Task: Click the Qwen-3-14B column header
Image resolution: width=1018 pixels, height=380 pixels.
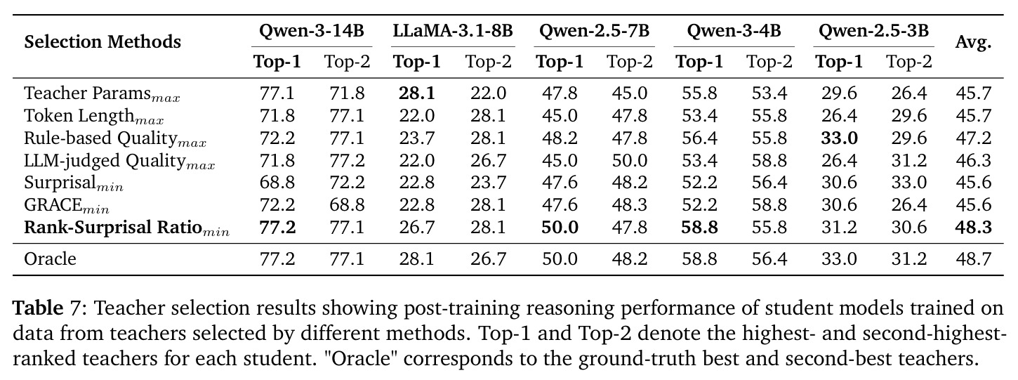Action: (x=312, y=31)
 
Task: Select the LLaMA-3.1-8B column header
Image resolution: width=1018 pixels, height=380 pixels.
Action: (x=453, y=31)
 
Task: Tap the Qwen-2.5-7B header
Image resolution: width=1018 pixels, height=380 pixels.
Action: (x=594, y=31)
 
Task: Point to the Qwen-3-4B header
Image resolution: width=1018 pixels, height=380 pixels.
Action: (x=734, y=31)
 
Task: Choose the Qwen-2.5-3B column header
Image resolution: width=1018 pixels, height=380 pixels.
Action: (x=873, y=31)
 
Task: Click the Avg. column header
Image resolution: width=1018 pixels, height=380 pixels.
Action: (x=974, y=42)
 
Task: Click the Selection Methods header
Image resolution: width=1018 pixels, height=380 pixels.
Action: (x=103, y=42)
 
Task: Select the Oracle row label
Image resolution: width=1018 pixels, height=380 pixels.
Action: (x=50, y=259)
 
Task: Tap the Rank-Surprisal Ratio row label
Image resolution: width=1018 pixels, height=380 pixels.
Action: (x=127, y=228)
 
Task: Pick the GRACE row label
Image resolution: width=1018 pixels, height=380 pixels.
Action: (x=67, y=206)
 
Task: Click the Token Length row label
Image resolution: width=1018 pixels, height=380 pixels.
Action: (x=94, y=117)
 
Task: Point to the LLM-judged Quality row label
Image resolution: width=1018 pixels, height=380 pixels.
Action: (x=119, y=161)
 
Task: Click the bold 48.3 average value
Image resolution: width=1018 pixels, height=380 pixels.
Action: (x=974, y=228)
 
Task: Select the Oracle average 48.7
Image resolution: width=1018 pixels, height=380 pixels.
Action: (x=974, y=259)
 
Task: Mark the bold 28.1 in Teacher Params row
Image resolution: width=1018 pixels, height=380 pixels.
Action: (x=417, y=93)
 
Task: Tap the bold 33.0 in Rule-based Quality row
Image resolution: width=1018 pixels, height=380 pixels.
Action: (x=840, y=138)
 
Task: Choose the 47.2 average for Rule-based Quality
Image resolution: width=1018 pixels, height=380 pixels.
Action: (x=974, y=138)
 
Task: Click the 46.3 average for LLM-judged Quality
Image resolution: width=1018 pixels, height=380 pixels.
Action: (x=974, y=160)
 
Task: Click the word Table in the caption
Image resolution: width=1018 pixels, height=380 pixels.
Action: (x=38, y=308)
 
